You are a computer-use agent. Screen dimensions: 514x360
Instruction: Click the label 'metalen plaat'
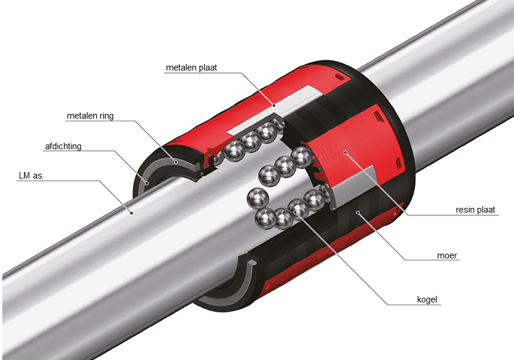click(191, 68)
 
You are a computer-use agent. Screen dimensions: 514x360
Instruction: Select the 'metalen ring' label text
click(90, 116)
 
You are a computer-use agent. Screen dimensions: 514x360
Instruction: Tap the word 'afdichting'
click(63, 146)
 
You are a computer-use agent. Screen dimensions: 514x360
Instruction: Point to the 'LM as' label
click(31, 176)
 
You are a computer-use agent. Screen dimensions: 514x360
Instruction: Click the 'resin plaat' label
click(475, 210)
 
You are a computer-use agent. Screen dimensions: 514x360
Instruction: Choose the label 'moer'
click(447, 255)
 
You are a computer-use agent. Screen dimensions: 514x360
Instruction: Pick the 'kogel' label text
click(427, 300)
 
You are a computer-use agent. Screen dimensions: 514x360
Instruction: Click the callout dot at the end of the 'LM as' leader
click(132, 213)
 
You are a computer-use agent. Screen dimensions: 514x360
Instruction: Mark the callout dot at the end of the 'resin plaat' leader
click(345, 152)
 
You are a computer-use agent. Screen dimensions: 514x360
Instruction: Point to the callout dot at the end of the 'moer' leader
click(359, 213)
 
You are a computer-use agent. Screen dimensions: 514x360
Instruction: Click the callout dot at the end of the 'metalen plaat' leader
click(275, 106)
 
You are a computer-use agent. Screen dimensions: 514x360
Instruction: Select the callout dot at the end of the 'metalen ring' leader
click(176, 162)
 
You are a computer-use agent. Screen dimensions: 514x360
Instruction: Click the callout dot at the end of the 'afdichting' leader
click(147, 183)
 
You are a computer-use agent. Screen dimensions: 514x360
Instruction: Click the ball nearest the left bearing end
click(218, 159)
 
